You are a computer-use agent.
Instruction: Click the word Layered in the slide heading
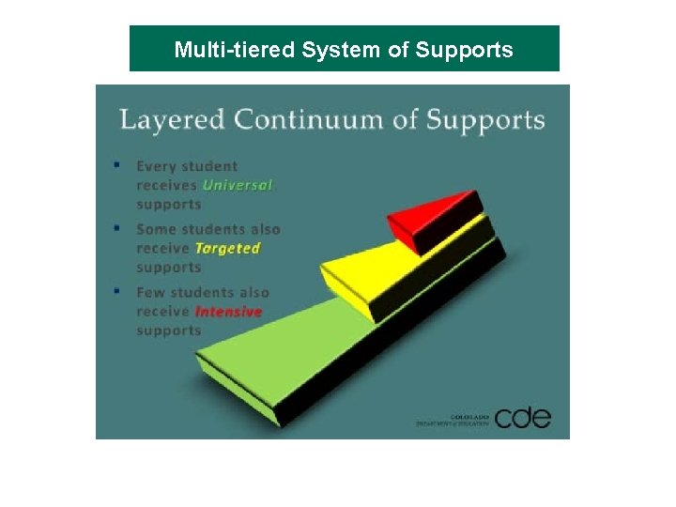tap(173, 120)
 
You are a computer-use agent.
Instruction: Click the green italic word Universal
tap(238, 185)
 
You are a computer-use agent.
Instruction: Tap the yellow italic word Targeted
tap(226, 248)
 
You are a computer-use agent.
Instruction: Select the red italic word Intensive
tap(228, 311)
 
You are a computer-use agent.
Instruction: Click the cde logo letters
tap(522, 417)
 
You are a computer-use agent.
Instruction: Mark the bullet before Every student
tap(116, 164)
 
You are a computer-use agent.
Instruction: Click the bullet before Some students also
tap(116, 227)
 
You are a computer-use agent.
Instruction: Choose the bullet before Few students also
tap(116, 290)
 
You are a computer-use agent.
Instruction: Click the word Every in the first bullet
tap(157, 166)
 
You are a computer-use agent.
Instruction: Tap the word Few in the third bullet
tap(151, 292)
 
